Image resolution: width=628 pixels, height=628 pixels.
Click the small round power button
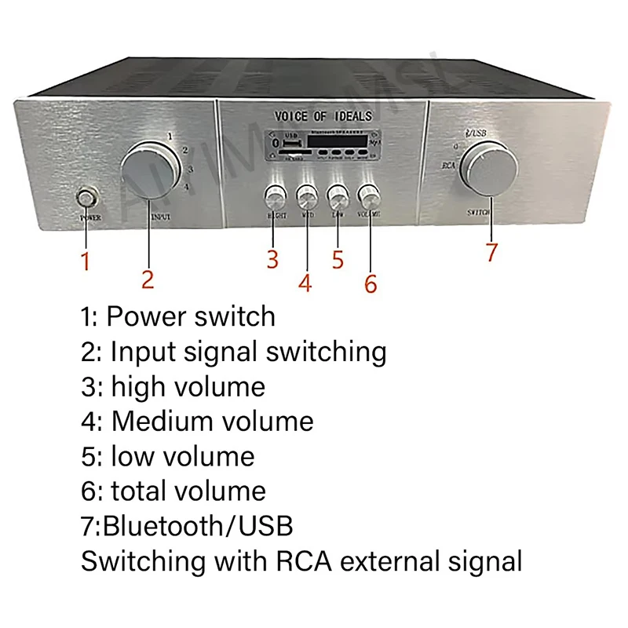(85, 197)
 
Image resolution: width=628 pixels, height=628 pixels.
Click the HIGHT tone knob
(275, 196)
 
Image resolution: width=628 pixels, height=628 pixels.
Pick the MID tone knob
(306, 196)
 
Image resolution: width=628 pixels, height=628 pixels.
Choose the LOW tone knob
(338, 195)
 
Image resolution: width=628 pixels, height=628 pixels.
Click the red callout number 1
(86, 261)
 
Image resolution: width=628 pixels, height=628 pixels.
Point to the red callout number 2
(148, 279)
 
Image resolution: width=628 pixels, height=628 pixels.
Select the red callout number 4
(305, 283)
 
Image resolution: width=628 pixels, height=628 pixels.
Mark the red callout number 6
(371, 283)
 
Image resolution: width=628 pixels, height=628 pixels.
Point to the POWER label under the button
(89, 217)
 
